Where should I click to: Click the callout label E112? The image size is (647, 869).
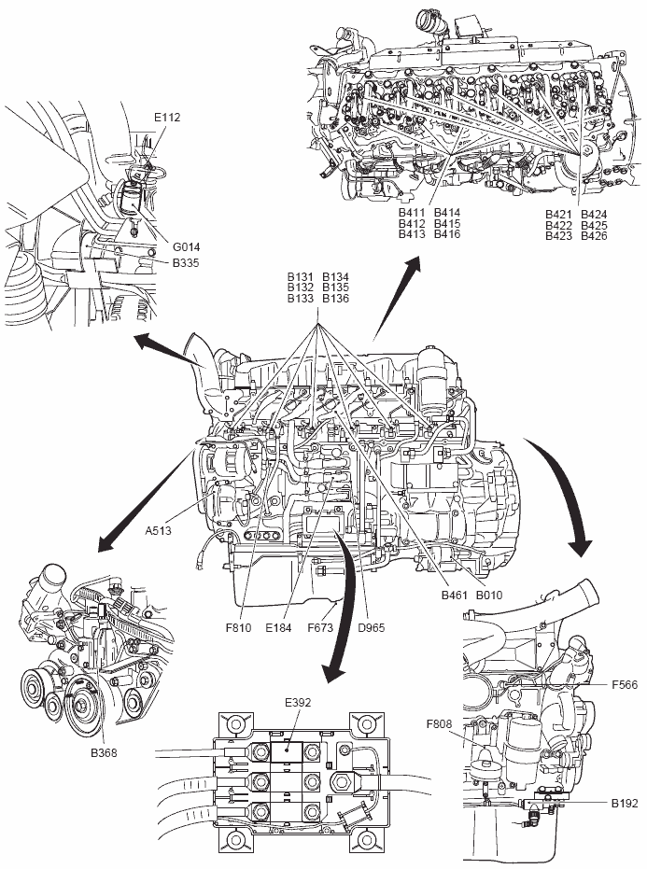point(168,118)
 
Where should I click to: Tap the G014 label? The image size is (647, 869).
point(186,246)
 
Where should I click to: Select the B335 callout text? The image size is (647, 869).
point(186,263)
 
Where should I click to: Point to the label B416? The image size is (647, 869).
point(447,234)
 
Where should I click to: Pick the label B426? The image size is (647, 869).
point(594,235)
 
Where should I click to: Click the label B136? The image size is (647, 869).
point(335,299)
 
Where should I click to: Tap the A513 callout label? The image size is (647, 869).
point(159,530)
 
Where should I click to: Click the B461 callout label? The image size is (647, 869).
point(456,595)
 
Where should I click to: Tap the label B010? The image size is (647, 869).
point(490,595)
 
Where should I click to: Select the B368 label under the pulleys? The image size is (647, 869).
point(105,750)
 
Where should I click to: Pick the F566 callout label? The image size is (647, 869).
point(625,685)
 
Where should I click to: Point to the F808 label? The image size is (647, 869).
point(440,723)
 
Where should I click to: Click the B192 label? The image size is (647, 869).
point(625,802)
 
